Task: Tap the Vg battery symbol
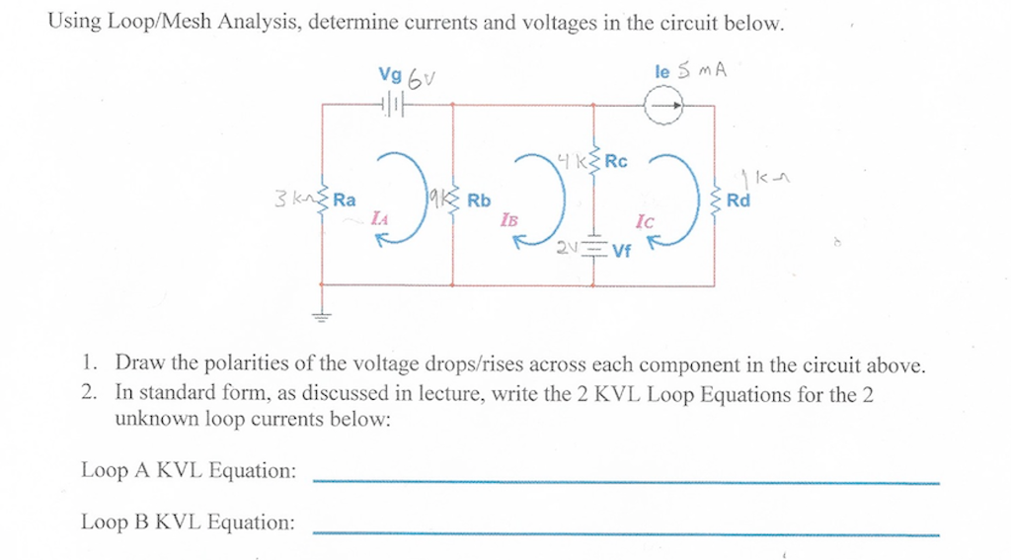(x=393, y=104)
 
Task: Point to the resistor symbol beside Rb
(x=453, y=200)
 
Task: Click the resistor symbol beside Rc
(x=593, y=162)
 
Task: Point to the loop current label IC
(x=644, y=223)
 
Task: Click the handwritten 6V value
(x=422, y=78)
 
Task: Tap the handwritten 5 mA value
(x=703, y=71)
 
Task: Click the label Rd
(x=738, y=201)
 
